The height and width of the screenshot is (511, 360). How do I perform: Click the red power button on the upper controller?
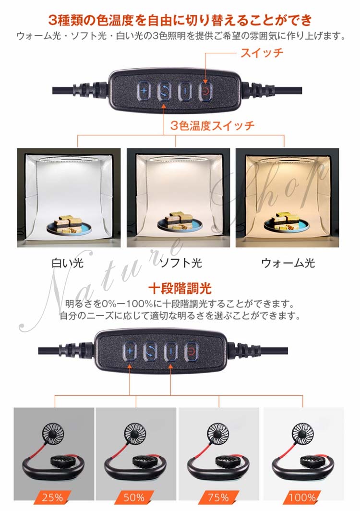point(205,91)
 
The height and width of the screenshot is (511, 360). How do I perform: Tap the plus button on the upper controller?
point(144,90)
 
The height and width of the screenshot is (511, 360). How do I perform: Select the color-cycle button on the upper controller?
point(164,91)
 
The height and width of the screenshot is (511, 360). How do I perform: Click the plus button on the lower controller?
point(130,352)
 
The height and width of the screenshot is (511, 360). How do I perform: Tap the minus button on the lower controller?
point(171,352)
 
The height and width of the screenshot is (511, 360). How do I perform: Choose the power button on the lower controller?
point(191,352)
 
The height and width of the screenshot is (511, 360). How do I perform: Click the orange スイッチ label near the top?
point(262,53)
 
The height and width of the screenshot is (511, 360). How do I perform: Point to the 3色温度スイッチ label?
point(213,125)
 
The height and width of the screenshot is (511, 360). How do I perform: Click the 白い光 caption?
point(67,263)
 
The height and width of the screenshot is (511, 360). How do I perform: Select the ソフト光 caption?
point(181,263)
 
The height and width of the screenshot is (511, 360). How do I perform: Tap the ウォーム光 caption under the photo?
point(288,263)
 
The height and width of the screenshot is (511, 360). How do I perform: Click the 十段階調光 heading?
point(180,289)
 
